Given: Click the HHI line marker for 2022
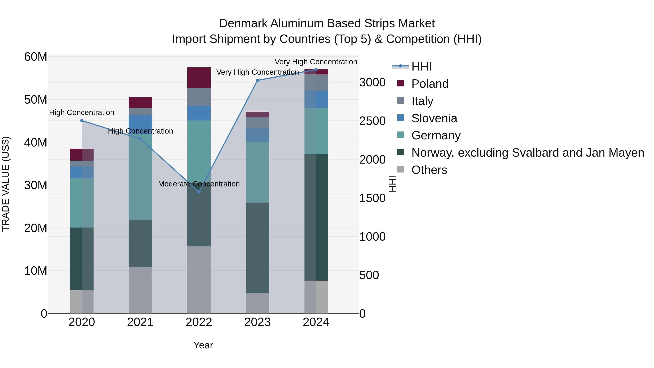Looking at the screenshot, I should [199, 192].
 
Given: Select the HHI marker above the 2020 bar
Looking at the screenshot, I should [82, 121].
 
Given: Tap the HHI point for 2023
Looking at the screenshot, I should [257, 81].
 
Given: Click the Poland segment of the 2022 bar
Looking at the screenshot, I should [199, 78].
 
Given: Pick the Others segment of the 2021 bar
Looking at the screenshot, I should [140, 290].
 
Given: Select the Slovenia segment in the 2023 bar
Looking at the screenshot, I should [257, 135].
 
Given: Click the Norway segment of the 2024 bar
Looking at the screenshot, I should [316, 217].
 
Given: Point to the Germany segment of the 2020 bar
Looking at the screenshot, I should [82, 203].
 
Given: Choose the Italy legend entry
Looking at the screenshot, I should [422, 101].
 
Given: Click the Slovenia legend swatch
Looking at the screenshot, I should [400, 118].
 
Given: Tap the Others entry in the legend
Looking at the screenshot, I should [429, 170].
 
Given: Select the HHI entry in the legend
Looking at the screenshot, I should [421, 67].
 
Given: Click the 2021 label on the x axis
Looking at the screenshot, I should [140, 322].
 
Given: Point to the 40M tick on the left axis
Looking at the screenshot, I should [36, 142].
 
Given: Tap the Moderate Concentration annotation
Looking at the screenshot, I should [199, 184].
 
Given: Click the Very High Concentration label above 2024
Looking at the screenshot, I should [316, 62].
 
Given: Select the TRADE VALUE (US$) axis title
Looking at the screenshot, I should [6, 184].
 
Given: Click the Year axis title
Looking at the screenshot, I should [203, 345].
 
